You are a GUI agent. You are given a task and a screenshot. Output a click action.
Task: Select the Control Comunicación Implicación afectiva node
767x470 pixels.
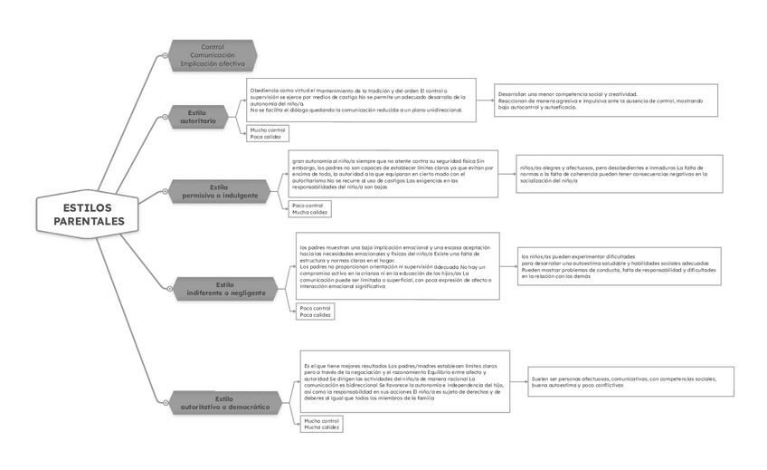pyautogui.click(x=213, y=55)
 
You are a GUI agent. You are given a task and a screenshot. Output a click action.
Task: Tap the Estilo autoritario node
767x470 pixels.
pyautogui.click(x=199, y=117)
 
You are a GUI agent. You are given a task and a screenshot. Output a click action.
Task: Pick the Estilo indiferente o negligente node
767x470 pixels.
pyautogui.click(x=226, y=289)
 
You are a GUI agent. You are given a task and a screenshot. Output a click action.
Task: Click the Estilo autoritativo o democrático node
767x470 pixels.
pyautogui.click(x=225, y=403)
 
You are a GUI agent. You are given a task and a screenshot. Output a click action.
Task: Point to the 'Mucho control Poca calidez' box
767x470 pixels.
pyautogui.click(x=268, y=133)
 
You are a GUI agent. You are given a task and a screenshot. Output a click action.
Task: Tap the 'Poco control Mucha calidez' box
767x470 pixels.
pyautogui.click(x=310, y=209)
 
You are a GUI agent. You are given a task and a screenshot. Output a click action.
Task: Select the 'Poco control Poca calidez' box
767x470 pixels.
pyautogui.click(x=316, y=312)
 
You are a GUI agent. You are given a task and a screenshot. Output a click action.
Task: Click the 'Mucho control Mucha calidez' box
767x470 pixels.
pyautogui.click(x=322, y=424)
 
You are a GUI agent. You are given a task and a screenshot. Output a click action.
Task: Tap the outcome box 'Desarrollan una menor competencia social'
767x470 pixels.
pyautogui.click(x=606, y=100)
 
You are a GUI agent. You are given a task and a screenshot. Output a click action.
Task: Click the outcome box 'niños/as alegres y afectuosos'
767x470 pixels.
pyautogui.click(x=620, y=174)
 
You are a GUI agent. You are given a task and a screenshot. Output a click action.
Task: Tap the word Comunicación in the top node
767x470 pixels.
pyautogui.click(x=213, y=55)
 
